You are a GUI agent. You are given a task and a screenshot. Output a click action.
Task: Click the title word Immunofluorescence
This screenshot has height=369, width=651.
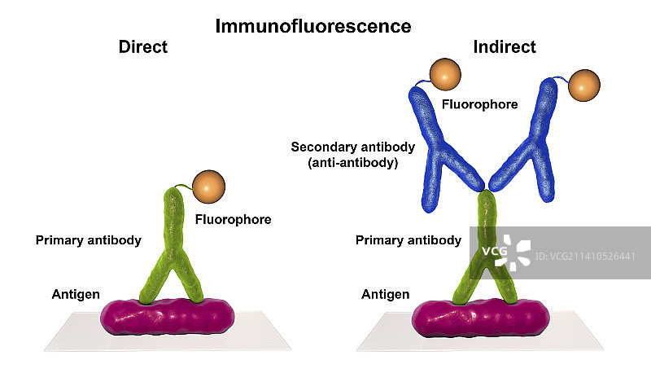point(313,26)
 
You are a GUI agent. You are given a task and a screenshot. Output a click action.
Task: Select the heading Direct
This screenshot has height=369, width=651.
point(143,47)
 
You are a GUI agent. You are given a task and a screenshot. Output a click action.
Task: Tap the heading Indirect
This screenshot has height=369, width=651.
point(505,47)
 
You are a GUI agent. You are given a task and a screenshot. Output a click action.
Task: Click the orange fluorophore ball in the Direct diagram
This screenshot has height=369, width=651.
point(209,188)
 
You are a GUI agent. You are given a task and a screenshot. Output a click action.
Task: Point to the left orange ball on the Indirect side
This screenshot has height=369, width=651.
point(445,75)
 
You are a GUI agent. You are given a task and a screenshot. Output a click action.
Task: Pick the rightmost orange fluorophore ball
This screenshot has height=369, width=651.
point(584,86)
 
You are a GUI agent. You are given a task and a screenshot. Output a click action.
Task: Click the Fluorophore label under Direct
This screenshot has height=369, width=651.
point(233,219)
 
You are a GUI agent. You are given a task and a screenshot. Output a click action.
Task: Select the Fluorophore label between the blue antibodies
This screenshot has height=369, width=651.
point(479,104)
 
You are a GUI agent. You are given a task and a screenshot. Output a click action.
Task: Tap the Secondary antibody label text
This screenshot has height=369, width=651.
point(353,147)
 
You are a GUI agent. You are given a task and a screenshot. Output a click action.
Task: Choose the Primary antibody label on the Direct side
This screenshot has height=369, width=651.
point(89,240)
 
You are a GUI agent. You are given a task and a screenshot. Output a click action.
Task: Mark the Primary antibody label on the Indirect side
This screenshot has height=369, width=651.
point(409,240)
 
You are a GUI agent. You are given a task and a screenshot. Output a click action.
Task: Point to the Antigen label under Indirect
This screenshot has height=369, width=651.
point(385,294)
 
